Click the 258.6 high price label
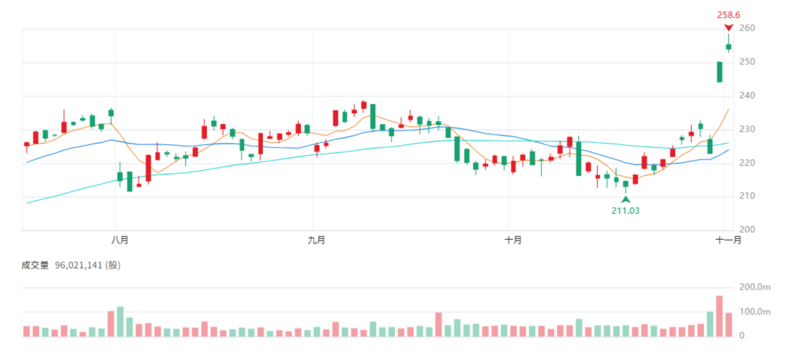[728, 15]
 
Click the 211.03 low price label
[625, 211]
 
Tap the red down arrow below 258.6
[729, 27]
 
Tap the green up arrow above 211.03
[626, 199]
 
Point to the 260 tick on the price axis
[747, 28]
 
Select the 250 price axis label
[747, 62]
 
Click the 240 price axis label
[747, 95]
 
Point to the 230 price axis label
[747, 129]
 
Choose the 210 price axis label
[747, 196]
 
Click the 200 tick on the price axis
[747, 229]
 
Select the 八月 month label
[120, 240]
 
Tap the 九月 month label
[316, 240]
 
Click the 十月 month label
[513, 240]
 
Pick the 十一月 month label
[728, 240]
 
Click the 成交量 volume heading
[35, 265]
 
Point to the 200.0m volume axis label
[755, 287]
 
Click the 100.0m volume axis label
[755, 312]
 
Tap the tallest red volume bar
[720, 316]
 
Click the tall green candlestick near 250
[720, 72]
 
